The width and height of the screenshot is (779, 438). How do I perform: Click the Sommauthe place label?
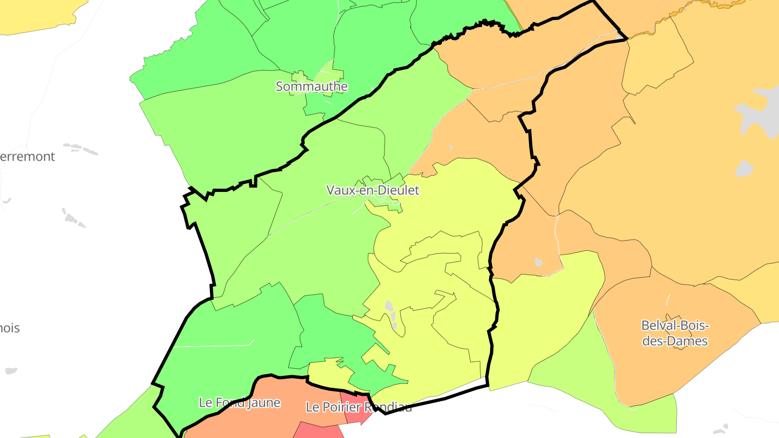click(x=312, y=87)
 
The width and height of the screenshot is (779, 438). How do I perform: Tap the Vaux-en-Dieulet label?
click(x=373, y=190)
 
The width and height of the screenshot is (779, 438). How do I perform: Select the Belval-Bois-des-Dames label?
click(x=675, y=333)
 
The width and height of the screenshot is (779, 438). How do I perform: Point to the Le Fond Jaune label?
click(x=240, y=403)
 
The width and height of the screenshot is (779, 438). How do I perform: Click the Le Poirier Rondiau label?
click(x=359, y=407)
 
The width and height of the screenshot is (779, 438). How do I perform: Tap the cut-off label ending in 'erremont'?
click(x=27, y=157)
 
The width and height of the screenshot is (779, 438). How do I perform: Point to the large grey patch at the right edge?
click(x=760, y=111)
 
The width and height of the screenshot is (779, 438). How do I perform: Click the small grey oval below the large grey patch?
click(x=745, y=168)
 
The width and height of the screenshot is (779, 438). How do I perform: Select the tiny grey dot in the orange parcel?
click(x=538, y=262)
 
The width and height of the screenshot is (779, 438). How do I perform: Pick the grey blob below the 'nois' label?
click(x=11, y=371)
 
